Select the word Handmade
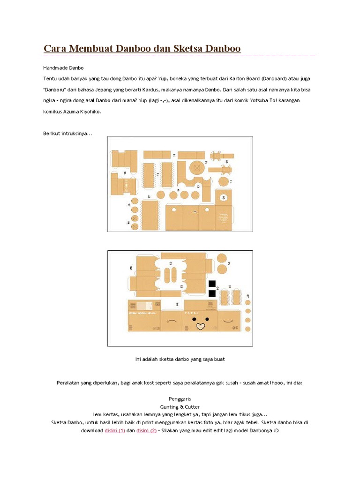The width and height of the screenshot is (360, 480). pyautogui.click(x=56, y=68)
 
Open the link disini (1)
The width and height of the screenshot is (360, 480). pyautogui.click(x=114, y=431)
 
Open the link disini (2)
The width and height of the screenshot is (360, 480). pyautogui.click(x=146, y=431)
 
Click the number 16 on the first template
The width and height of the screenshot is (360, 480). pyautogui.click(x=126, y=173)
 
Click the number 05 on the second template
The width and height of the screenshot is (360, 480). pyautogui.click(x=229, y=264)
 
